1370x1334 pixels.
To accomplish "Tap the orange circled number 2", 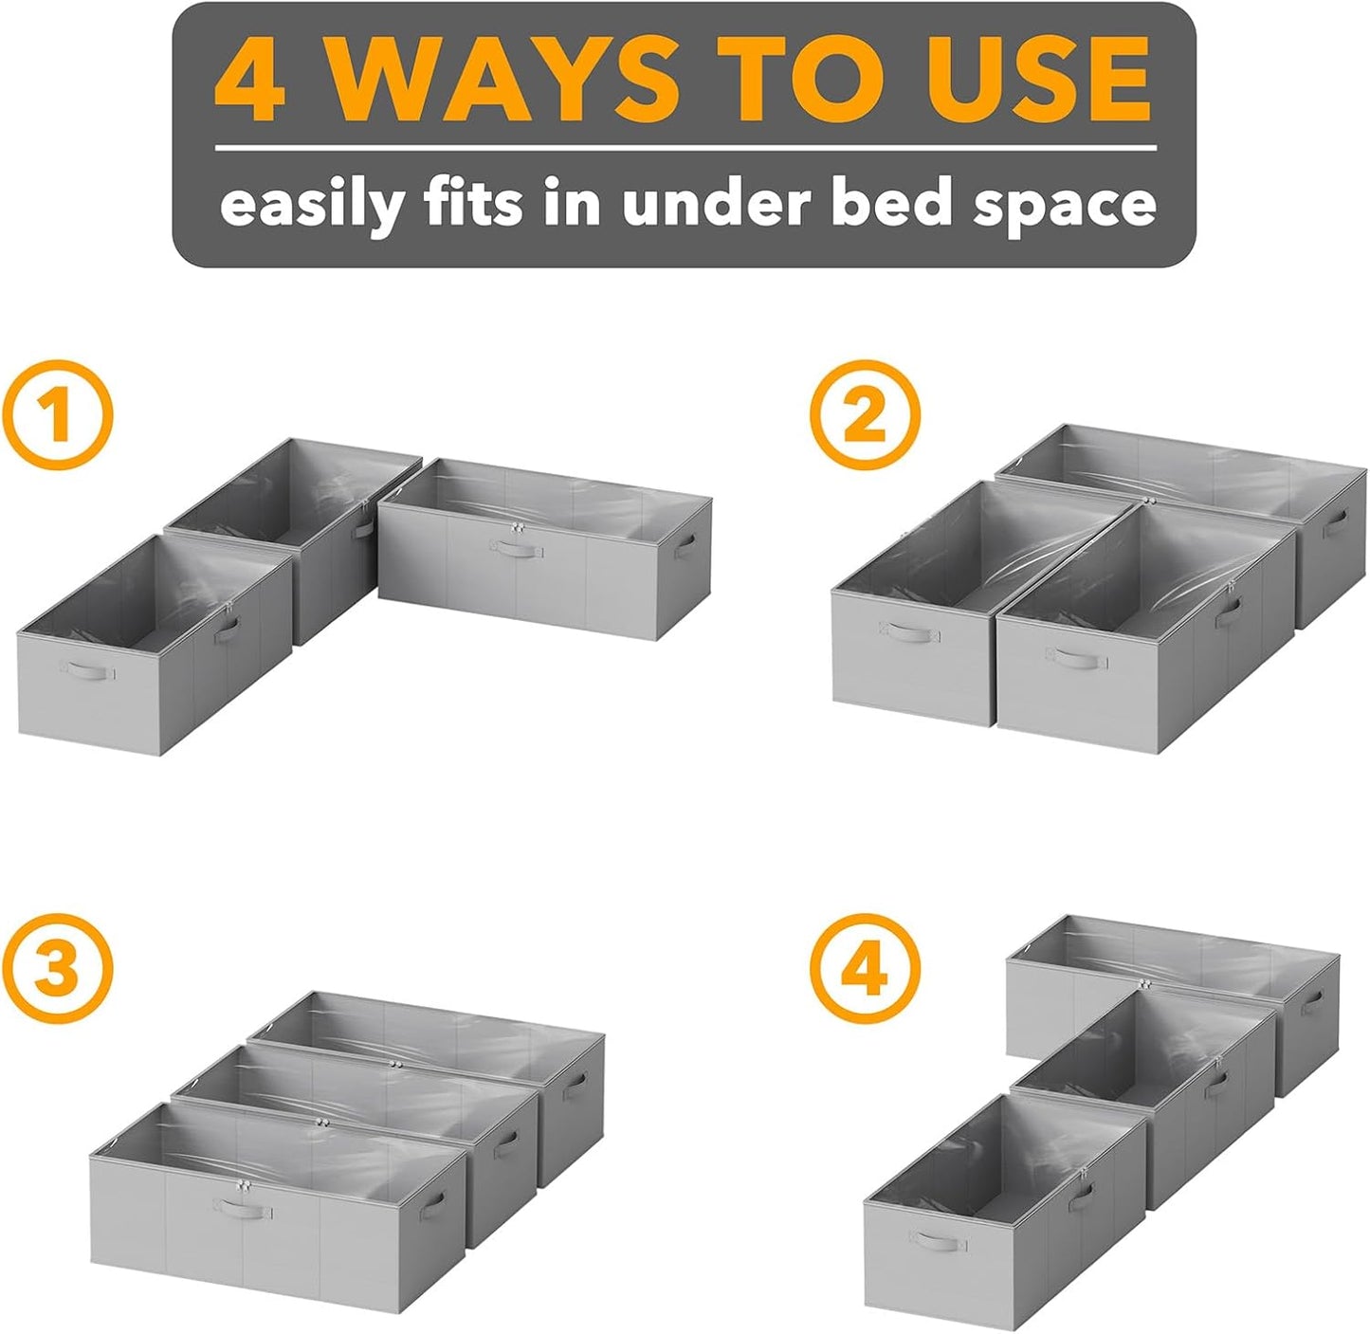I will tap(865, 418).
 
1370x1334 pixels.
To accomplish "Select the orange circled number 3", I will tap(57, 968).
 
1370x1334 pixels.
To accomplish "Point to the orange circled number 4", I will tap(865, 968).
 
